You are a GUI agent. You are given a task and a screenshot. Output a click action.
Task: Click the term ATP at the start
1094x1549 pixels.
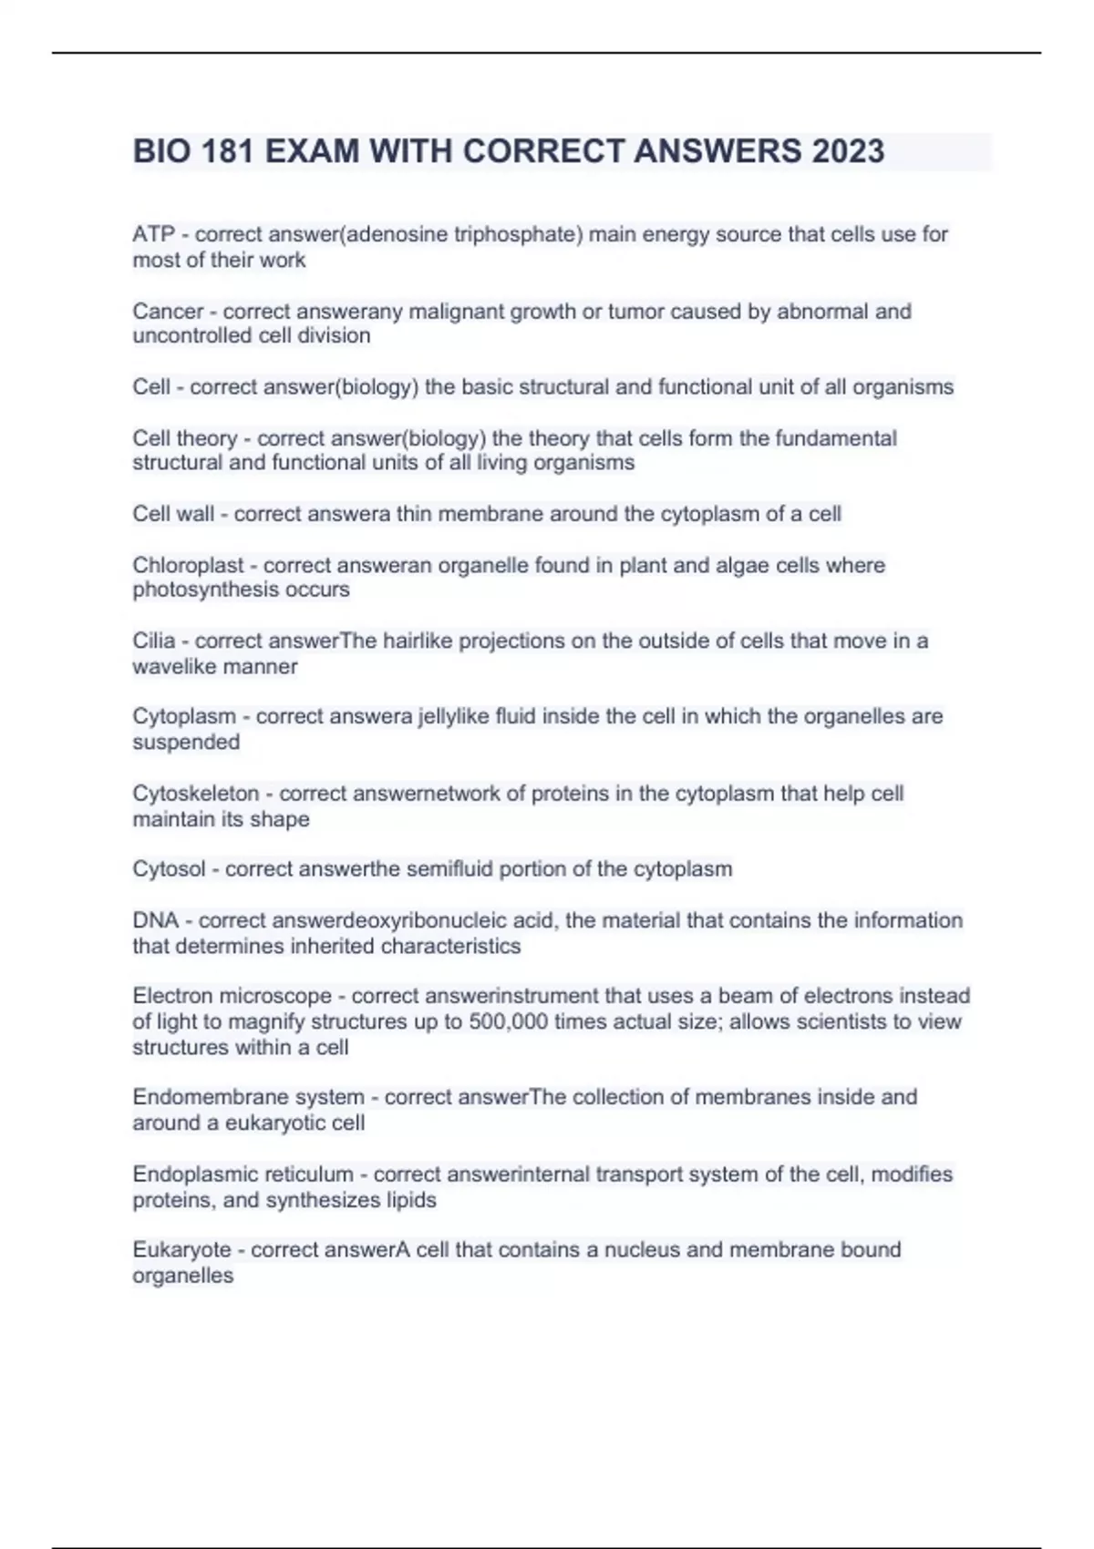[x=153, y=234]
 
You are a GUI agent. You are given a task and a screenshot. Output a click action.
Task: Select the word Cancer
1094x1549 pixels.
[x=168, y=312]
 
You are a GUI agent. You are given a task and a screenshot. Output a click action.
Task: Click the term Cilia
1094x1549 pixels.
[x=153, y=641]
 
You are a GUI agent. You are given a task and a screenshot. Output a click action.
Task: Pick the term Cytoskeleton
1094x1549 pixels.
[x=196, y=794]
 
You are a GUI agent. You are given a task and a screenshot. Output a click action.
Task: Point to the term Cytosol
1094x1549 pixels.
[x=169, y=869]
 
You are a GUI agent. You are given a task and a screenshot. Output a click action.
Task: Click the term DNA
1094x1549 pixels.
[x=155, y=920]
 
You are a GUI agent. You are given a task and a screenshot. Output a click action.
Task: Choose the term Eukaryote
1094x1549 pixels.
[x=181, y=1249]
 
